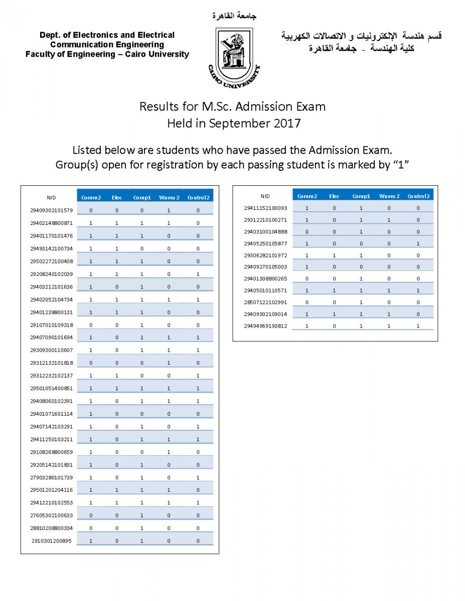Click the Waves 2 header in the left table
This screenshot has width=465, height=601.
click(x=169, y=197)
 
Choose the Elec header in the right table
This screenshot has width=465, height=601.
click(x=334, y=196)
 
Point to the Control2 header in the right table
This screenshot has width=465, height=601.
click(x=418, y=196)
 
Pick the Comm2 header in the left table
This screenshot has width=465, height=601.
click(x=91, y=197)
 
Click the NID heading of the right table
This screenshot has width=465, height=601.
click(x=265, y=196)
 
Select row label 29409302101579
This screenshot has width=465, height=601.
click(x=51, y=210)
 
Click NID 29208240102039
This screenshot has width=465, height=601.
click(x=51, y=274)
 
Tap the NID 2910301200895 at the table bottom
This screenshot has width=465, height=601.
click(x=51, y=541)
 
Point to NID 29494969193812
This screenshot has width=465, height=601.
click(x=266, y=326)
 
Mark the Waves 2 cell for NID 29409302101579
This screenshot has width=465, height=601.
click(x=169, y=210)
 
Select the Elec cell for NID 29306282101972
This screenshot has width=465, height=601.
click(x=334, y=255)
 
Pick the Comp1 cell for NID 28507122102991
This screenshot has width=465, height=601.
click(x=361, y=303)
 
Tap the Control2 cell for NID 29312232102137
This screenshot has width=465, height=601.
click(x=198, y=376)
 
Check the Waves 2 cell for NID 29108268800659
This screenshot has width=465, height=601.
click(x=169, y=452)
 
